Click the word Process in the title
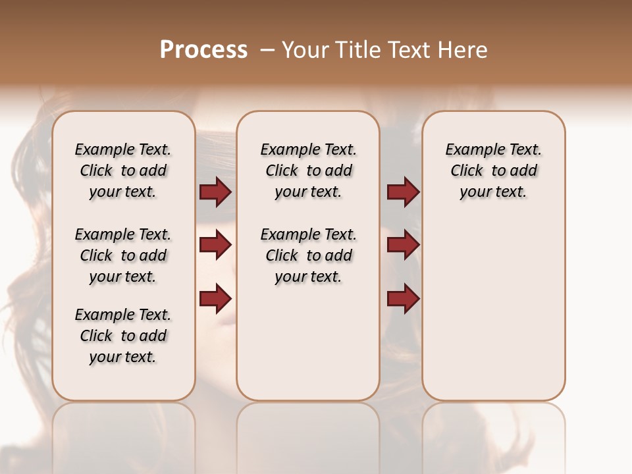(x=203, y=50)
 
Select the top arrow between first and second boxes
(x=215, y=192)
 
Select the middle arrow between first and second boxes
(x=215, y=245)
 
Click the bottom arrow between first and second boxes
(x=215, y=298)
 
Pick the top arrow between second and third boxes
(x=403, y=192)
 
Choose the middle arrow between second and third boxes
(x=403, y=245)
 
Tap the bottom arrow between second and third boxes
(x=403, y=298)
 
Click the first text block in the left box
(x=123, y=171)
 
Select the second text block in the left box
(x=123, y=255)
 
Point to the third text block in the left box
(x=123, y=336)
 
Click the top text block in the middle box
(x=308, y=171)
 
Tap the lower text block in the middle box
(x=308, y=255)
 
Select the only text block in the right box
(x=493, y=171)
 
